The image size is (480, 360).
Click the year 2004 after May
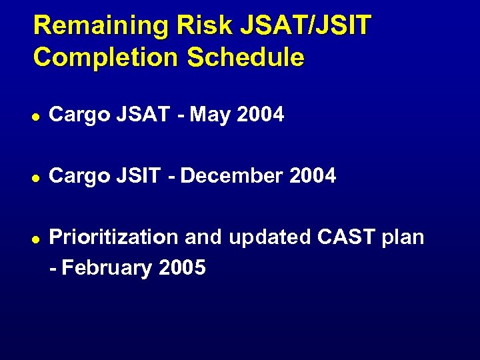261,115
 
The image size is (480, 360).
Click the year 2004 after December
313,176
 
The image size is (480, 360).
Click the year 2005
183,268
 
